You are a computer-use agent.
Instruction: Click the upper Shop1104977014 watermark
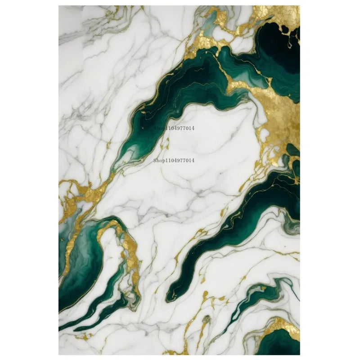coord(174,128)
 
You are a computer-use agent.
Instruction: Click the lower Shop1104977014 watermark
coord(174,160)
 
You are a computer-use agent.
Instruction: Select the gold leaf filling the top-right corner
coord(279,13)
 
